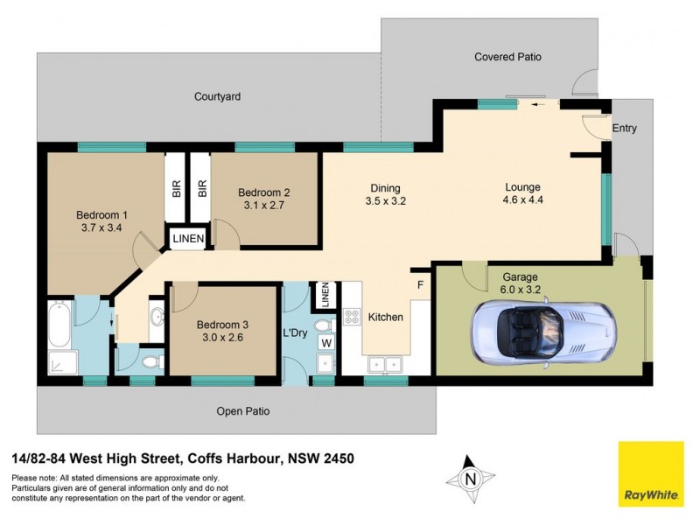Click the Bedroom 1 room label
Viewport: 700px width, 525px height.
(x=101, y=215)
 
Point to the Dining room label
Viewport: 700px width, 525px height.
(x=385, y=188)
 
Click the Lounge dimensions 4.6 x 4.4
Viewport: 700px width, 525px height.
(x=523, y=200)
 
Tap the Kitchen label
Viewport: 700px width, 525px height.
(x=385, y=317)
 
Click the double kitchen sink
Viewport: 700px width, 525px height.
(x=384, y=363)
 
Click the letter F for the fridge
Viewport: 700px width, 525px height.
(x=421, y=285)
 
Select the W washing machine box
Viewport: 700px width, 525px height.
(x=325, y=342)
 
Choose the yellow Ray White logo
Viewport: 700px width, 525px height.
(x=651, y=473)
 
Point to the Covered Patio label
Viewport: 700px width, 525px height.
(x=507, y=57)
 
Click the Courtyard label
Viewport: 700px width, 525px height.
(x=217, y=96)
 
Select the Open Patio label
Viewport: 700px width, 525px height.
(x=243, y=410)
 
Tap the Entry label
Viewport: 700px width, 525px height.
(x=624, y=129)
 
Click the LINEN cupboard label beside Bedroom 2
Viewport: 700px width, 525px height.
(x=188, y=238)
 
